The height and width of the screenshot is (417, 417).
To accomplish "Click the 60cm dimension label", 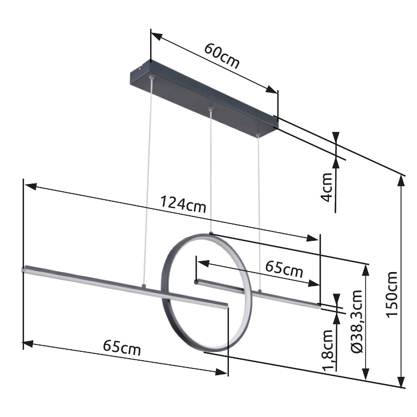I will coord(222,56).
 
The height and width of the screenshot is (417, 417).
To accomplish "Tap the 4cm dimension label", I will coord(327,187).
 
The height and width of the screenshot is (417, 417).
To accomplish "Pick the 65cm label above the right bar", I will coord(284,269).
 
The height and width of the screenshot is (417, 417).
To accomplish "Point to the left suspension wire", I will coord(148,182).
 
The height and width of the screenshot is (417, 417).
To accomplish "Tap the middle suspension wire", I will coord(211,172).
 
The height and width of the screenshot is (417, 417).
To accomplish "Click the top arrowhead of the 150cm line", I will coord(401,180).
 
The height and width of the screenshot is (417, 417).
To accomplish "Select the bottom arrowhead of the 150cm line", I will coord(401,383).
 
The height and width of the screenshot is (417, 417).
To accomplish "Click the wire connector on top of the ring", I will coord(211,233).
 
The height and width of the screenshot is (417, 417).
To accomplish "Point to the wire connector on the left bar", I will coord(143,286).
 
